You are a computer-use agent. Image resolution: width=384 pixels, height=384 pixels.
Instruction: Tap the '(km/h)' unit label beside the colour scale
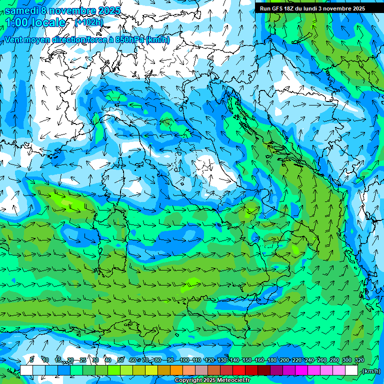click(371, 371)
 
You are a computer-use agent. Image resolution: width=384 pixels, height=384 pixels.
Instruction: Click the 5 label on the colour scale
click(31, 360)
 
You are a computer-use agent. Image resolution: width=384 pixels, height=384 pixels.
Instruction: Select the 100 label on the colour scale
click(184, 360)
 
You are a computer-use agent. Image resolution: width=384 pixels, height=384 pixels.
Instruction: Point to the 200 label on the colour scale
click(284, 360)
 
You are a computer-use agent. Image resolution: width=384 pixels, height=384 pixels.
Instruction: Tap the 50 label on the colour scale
click(120, 360)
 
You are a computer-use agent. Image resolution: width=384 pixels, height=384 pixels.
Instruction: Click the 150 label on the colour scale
click(247, 360)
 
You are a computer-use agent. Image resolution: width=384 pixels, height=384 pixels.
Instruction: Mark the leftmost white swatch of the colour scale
click(26, 370)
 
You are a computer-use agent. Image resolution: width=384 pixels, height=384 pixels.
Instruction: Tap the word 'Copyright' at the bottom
click(188, 380)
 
